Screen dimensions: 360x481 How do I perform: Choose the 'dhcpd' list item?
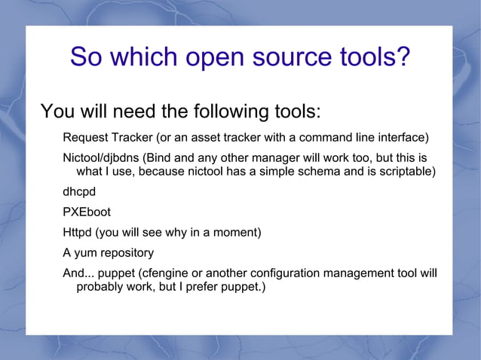[78, 192]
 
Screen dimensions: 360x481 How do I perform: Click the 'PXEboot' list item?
[86, 212]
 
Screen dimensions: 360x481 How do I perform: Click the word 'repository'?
[127, 253]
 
